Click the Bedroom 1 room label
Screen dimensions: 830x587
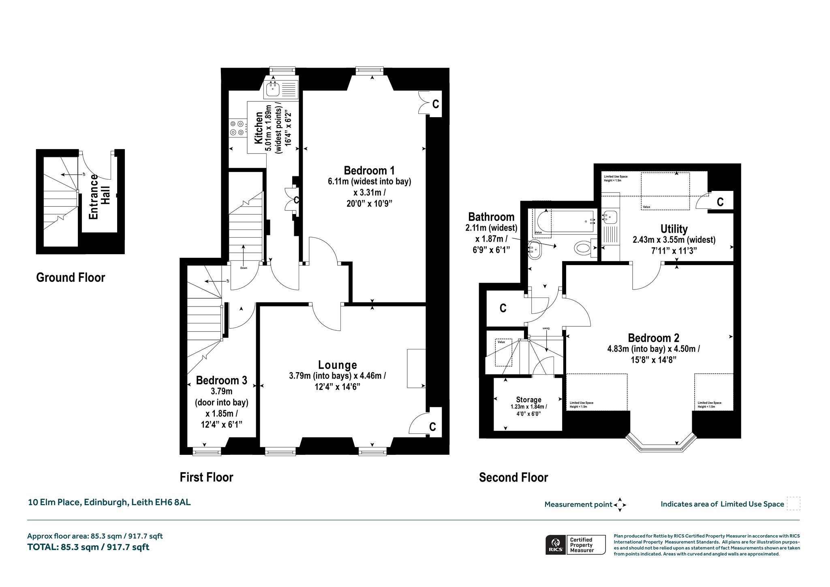(x=369, y=170)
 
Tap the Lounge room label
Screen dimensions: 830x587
(x=338, y=365)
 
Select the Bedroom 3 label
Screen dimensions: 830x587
(x=221, y=380)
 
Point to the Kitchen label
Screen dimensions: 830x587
(x=258, y=128)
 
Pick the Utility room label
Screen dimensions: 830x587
(x=674, y=229)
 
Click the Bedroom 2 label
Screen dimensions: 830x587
(x=653, y=338)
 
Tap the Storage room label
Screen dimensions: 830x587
(x=528, y=400)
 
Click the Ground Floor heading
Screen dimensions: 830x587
(x=71, y=277)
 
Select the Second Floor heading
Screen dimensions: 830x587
(x=513, y=478)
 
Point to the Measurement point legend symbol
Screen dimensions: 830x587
(x=620, y=505)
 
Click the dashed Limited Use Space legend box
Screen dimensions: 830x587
(x=794, y=503)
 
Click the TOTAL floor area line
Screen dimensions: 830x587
(x=88, y=547)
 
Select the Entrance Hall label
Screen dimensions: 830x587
(x=99, y=197)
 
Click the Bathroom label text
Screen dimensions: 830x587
(x=491, y=217)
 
